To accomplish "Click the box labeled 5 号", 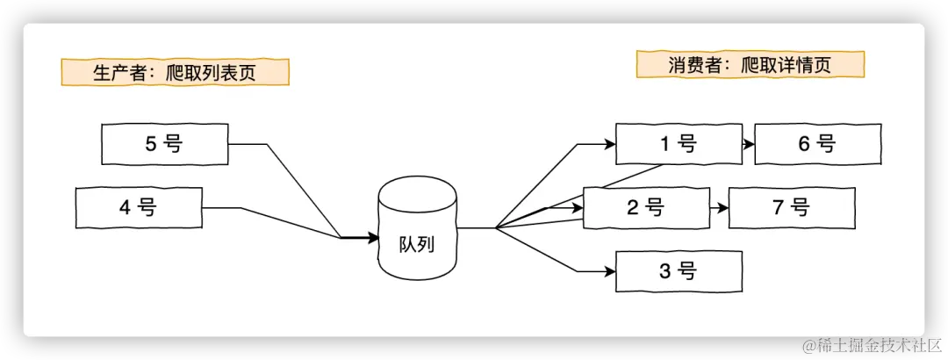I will coord(165,144).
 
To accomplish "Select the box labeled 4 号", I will coord(140,208).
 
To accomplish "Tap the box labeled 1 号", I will coord(678,144).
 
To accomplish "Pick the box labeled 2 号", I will coord(646,208).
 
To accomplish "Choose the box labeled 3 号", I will coord(678,271).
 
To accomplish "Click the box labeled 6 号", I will coord(817,144).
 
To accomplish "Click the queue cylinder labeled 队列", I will coord(417,229).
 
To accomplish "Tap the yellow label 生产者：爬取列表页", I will coord(175,72).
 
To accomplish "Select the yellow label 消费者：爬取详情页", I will coord(750,64).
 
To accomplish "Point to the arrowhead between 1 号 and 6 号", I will coord(749,144).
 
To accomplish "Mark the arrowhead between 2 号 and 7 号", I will coord(723,208).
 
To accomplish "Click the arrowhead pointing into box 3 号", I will coord(609,271).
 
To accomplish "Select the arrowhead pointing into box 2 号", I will coord(578,208).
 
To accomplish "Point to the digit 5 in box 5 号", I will coord(150,144).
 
